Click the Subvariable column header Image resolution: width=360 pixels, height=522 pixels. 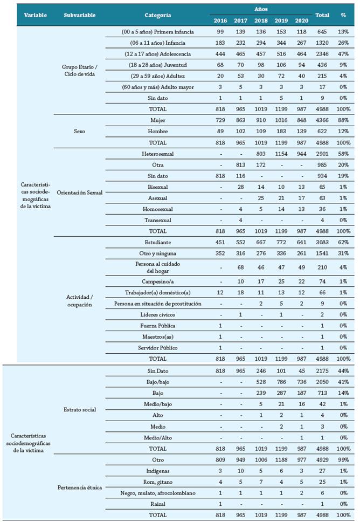79,15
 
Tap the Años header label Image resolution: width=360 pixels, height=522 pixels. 261,9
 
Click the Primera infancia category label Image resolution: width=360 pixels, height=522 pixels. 157,32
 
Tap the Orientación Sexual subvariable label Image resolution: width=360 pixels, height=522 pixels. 79,192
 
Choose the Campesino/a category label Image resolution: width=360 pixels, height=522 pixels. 157,281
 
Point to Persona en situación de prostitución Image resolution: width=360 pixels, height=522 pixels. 157,304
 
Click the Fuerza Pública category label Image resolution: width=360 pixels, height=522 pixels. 157,326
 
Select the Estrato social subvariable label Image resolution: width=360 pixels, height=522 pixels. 79,409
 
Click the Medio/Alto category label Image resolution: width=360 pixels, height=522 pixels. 157,437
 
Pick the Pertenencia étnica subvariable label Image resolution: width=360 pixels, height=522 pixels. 79,487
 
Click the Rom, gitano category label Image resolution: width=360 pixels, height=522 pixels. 157,482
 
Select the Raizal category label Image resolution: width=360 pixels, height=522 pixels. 157,504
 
